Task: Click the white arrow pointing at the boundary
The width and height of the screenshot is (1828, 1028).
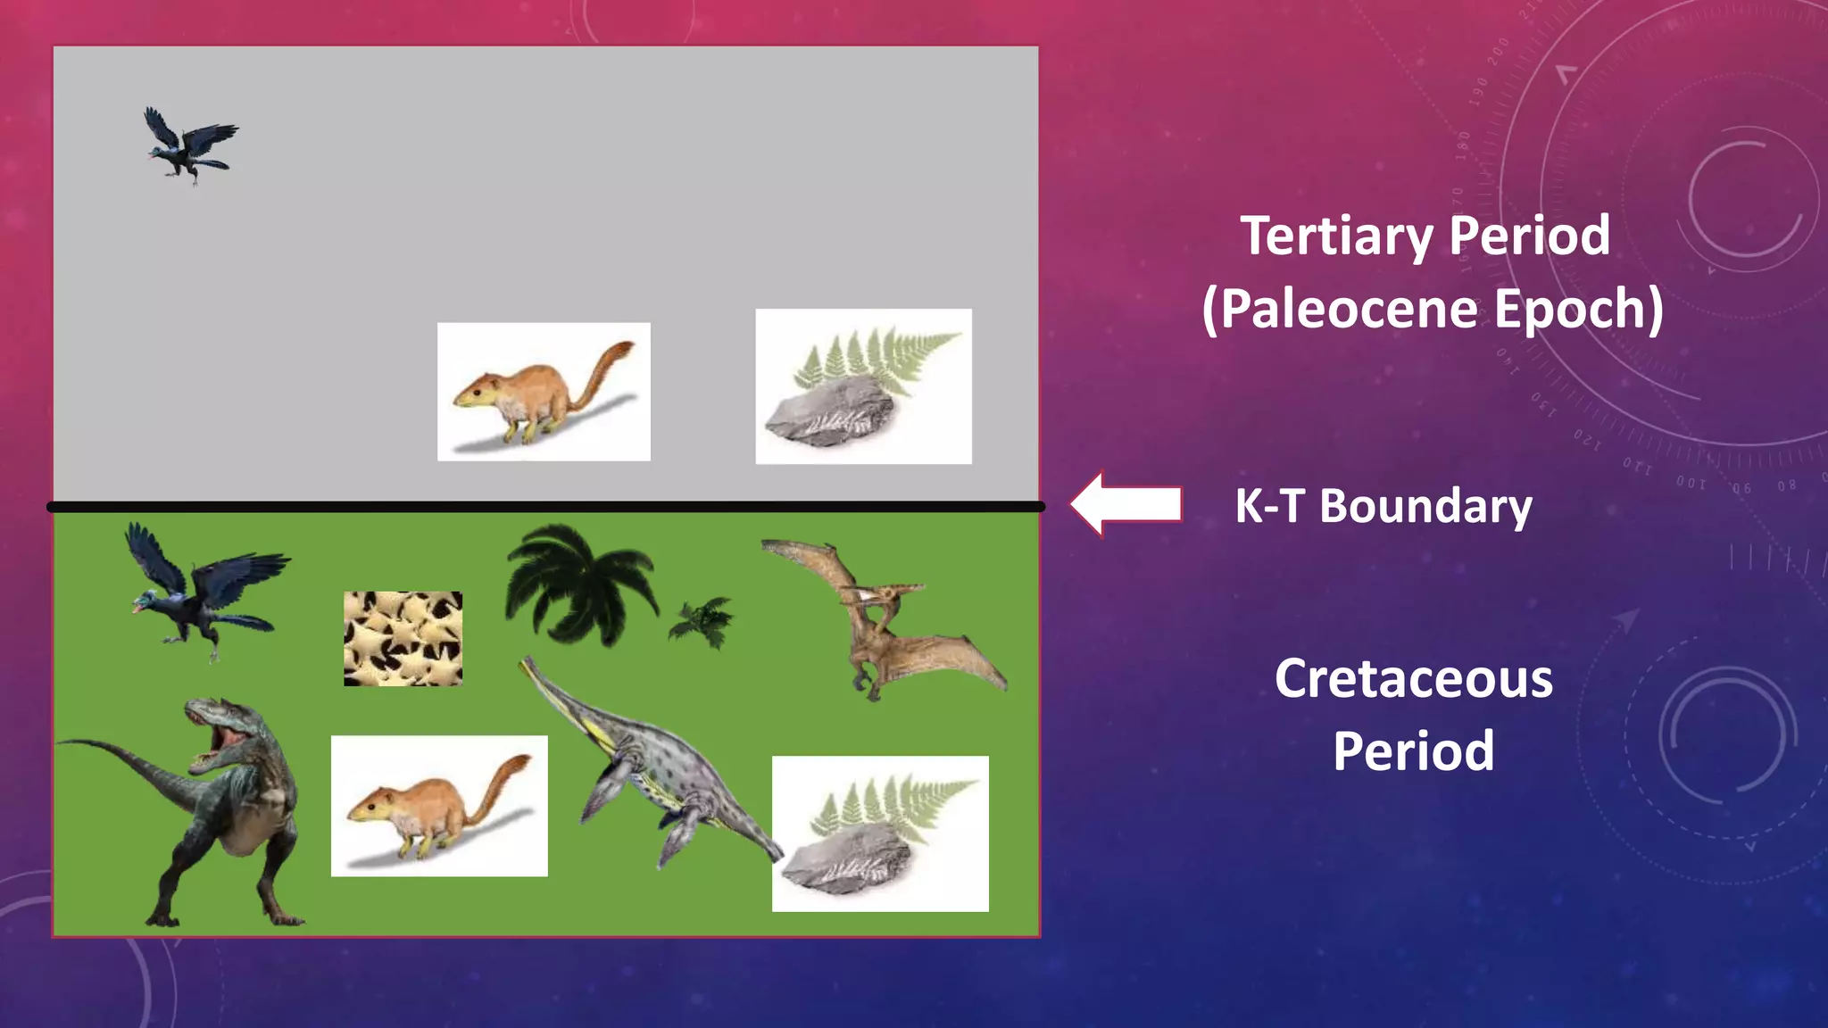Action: [x=1126, y=504]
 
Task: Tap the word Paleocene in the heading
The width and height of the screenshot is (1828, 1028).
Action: [x=1348, y=309]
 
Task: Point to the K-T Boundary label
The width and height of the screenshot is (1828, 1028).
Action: [x=1383, y=506]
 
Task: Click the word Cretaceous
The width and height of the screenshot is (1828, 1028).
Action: [x=1413, y=679]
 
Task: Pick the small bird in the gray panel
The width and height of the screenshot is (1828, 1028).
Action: [x=190, y=145]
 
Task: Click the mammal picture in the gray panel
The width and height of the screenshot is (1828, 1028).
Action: [x=544, y=392]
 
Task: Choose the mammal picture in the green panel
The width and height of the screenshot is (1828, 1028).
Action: [x=439, y=806]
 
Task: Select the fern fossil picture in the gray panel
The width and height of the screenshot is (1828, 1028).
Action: [x=863, y=386]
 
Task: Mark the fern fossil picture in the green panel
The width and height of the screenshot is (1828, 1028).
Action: [x=880, y=833]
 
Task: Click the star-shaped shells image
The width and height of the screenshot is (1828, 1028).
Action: [x=403, y=639]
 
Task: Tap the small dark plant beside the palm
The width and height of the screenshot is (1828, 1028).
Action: [x=702, y=621]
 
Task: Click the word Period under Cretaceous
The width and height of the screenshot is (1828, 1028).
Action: [x=1413, y=751]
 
